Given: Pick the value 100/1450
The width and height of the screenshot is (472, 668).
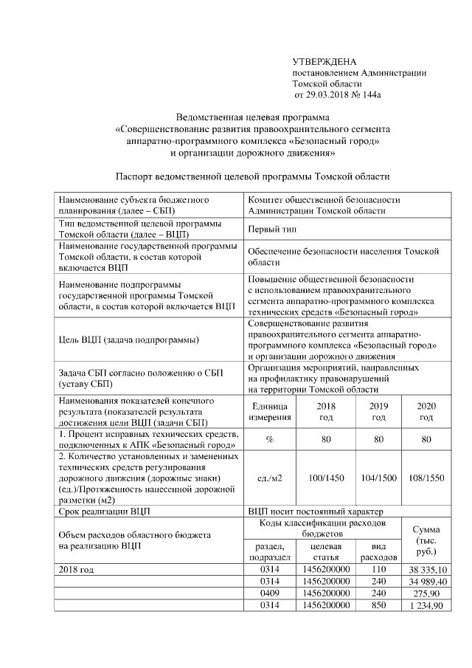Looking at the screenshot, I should click(x=325, y=478).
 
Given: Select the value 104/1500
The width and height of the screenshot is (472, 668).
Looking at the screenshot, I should click(x=378, y=478).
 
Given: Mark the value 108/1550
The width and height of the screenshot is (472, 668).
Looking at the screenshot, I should click(x=426, y=478).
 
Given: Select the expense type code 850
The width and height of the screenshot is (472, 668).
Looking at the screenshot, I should click(x=379, y=605).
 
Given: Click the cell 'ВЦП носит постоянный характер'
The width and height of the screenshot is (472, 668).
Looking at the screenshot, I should click(x=309, y=511).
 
